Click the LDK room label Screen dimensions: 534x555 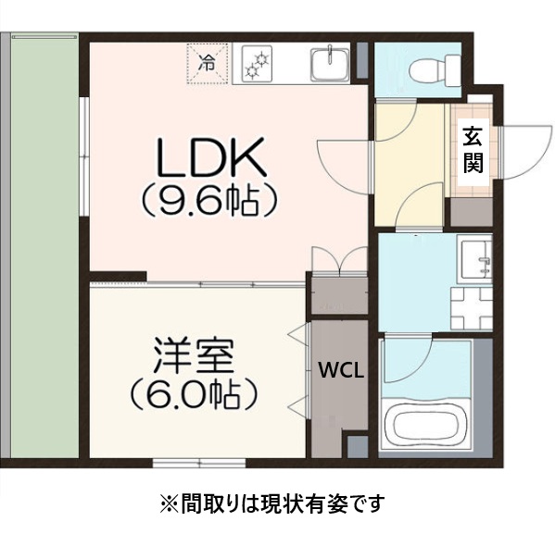coord(212,158)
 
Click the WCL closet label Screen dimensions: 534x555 coord(341,370)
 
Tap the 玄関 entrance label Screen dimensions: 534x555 coord(473,151)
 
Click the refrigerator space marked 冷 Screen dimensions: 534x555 coord(207,65)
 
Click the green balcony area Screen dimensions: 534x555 coord(44,250)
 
